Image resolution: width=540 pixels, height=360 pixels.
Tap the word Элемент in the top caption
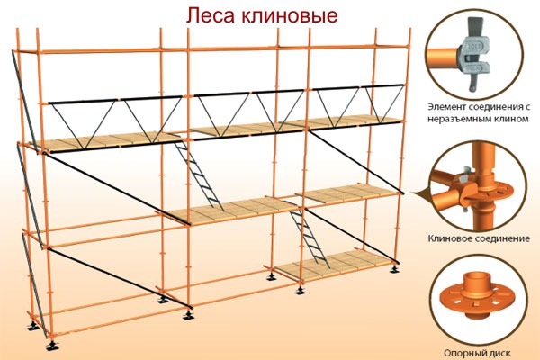tap(445, 107)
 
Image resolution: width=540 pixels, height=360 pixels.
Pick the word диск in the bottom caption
tap(499, 353)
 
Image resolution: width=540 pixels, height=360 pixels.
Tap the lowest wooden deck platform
tap(330, 265)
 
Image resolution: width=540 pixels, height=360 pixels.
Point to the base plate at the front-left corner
tap(52, 346)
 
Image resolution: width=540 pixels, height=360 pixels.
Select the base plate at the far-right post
tap(394, 269)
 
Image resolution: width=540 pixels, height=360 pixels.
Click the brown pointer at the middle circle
tap(422, 195)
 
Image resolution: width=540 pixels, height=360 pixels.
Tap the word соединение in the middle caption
tap(502, 238)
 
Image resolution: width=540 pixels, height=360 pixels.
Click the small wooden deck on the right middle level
tap(347, 193)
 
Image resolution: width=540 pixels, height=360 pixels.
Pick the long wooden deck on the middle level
tap(229, 210)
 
